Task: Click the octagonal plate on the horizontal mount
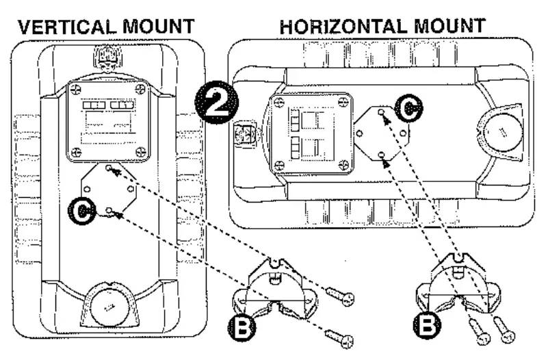coord(381,132)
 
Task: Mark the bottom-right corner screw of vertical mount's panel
coord(141,151)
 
